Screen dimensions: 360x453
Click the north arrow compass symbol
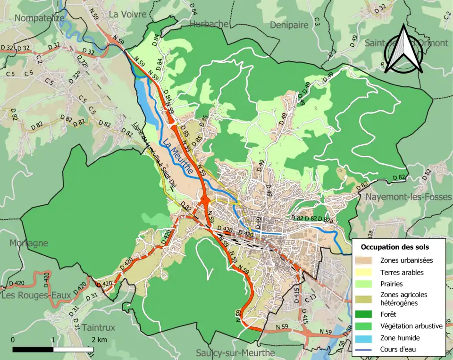pyautogui.click(x=403, y=49)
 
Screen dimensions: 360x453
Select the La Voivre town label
pyautogui.click(x=127, y=14)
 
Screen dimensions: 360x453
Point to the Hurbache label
pyautogui.click(x=209, y=24)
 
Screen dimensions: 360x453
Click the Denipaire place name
pyautogui.click(x=289, y=25)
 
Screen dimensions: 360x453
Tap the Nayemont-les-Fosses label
pyautogui.click(x=409, y=197)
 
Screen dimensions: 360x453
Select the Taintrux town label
pyautogui.click(x=98, y=327)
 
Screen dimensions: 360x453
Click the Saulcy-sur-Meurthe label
pyautogui.click(x=235, y=352)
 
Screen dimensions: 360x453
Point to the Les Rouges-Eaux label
pyautogui.click(x=36, y=296)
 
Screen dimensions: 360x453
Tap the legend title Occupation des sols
pyautogui.click(x=394, y=247)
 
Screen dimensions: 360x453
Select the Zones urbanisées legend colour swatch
pyautogui.click(x=366, y=260)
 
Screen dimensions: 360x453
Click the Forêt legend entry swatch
pyautogui.click(x=366, y=314)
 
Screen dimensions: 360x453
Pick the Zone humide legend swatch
pyautogui.click(x=366, y=338)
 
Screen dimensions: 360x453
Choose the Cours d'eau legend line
pyautogui.click(x=366, y=350)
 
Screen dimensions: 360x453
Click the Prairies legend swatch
pyautogui.click(x=366, y=284)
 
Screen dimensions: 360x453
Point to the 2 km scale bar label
pyautogui.click(x=100, y=340)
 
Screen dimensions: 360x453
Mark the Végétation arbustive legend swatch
pyautogui.click(x=366, y=326)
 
